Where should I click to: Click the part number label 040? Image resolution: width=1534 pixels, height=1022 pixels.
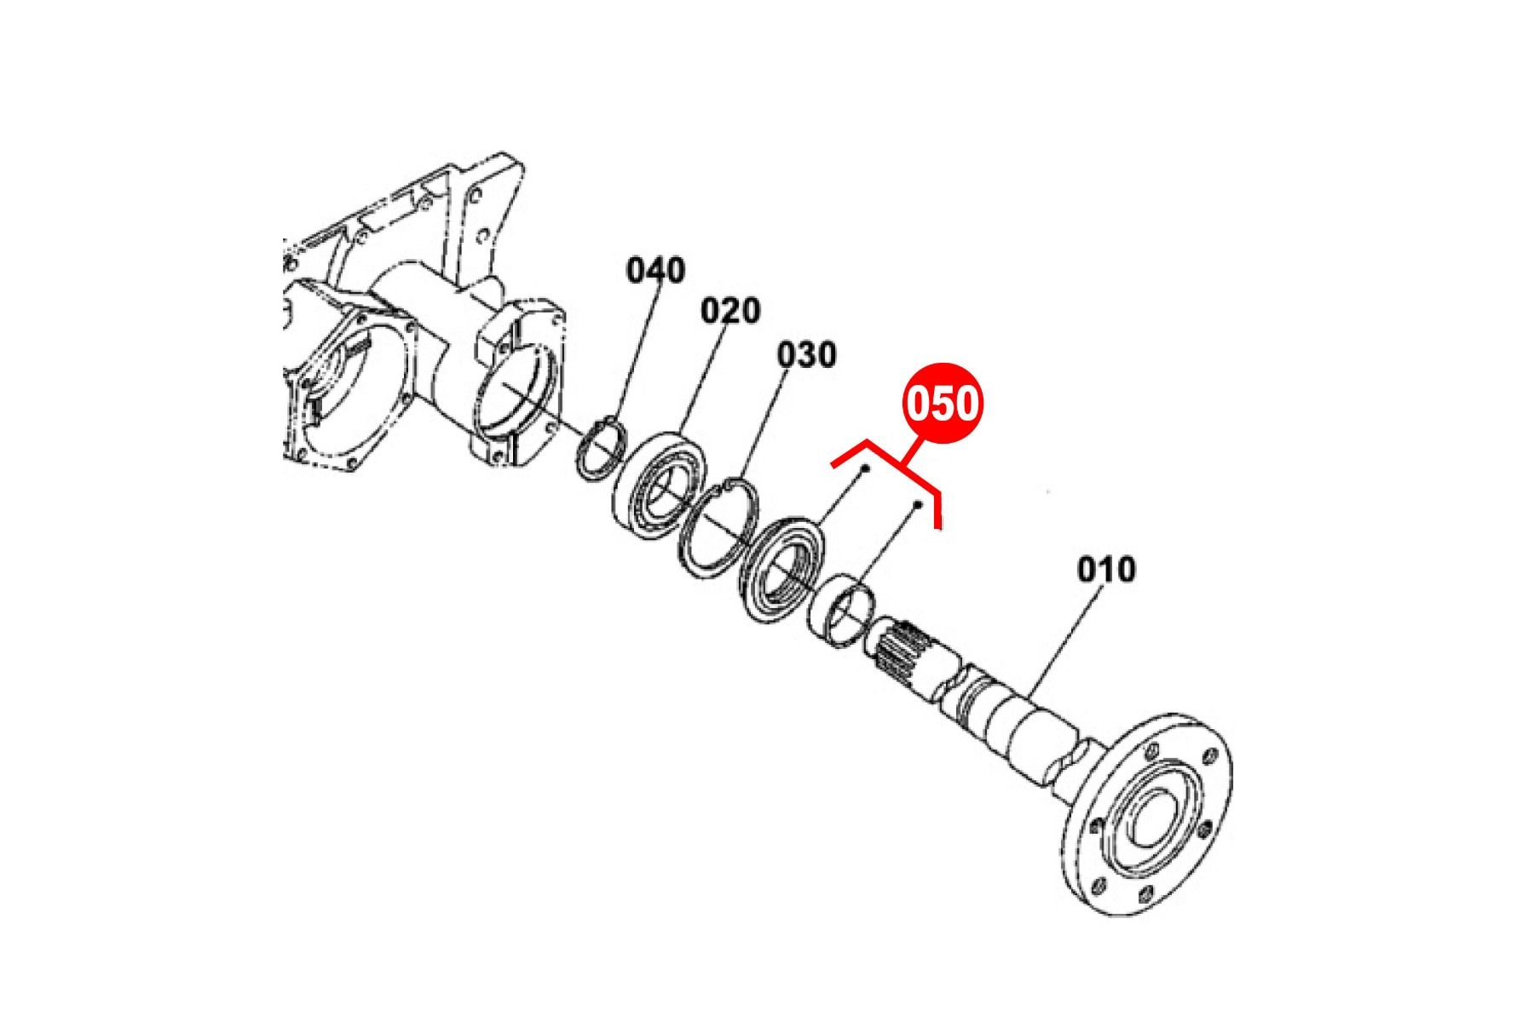(655, 271)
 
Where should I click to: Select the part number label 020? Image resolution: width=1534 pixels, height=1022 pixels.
(730, 311)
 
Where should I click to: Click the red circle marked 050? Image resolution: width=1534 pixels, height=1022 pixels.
(943, 404)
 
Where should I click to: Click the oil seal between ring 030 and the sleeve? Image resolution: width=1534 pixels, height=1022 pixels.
(780, 572)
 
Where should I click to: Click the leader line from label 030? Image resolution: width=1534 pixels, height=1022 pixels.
(766, 425)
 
